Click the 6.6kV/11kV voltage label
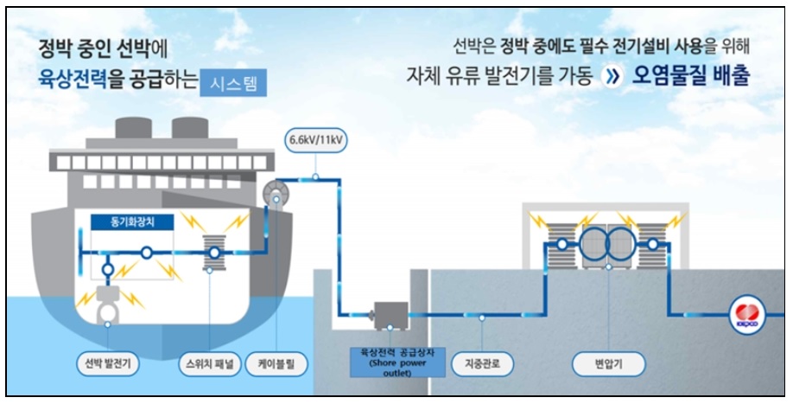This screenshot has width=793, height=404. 316,138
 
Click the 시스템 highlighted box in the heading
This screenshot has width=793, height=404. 233,84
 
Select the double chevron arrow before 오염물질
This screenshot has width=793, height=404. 613,77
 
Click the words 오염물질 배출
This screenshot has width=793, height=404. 691,77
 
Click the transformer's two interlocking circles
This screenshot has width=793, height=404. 608,243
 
